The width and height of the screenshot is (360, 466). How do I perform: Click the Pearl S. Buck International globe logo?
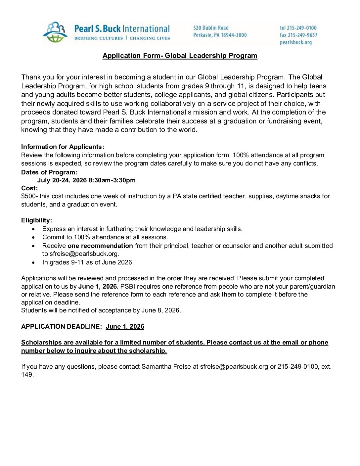tap(55, 32)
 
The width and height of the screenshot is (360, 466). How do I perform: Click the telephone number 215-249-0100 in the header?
tap(301, 28)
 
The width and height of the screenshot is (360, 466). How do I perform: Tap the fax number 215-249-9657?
tap(302, 35)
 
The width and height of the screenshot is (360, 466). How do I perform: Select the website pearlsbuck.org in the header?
tap(295, 42)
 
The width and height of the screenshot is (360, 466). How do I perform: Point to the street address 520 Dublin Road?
tap(211, 28)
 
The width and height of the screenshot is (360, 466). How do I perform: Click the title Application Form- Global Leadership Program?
tap(180, 56)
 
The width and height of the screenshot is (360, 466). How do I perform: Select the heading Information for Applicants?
tap(63, 147)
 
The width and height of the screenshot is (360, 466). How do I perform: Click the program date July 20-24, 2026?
tap(62, 180)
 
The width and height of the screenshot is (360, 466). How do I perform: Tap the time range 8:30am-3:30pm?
tap(112, 180)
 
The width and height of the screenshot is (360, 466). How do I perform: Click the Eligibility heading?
tap(36, 220)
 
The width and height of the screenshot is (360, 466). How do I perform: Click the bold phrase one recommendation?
tap(100, 246)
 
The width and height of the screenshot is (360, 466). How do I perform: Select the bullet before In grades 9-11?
tap(33, 263)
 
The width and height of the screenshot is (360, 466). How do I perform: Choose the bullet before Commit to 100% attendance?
tap(33, 238)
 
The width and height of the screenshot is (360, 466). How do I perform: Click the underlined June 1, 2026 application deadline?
tap(125, 327)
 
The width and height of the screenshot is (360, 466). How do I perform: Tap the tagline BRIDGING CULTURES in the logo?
tap(98, 38)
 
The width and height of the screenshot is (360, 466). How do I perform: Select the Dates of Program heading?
tap(49, 172)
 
